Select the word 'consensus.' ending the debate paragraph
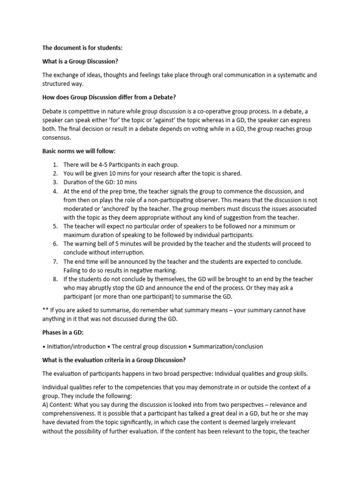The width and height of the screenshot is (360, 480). click(60, 138)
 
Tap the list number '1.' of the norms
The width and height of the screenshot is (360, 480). click(55, 165)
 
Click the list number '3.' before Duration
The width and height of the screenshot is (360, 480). click(55, 182)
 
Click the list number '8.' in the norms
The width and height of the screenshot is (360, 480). click(55, 279)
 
